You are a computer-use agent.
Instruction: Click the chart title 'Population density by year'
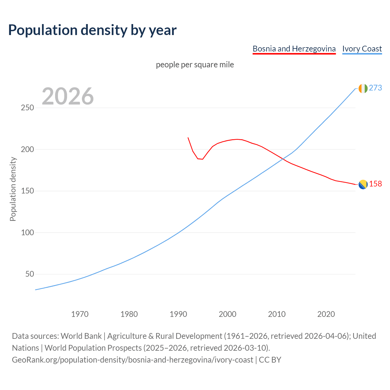point(92,30)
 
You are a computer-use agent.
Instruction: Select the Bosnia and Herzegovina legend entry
point(294,49)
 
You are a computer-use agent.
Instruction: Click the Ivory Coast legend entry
point(362,49)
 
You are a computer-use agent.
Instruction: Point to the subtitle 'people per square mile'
point(195,65)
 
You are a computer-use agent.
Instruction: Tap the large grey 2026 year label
point(68,96)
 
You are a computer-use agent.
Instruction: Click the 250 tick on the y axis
point(27,108)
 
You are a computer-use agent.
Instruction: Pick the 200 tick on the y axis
point(27,149)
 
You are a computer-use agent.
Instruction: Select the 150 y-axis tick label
point(27,191)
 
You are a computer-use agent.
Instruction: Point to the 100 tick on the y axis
point(27,232)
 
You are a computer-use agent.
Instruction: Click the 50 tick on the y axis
point(30,274)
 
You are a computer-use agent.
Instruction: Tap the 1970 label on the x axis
point(80,314)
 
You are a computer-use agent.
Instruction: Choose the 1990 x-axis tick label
point(178,314)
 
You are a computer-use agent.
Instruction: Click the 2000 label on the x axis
point(228,314)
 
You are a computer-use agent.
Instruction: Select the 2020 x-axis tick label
point(326,314)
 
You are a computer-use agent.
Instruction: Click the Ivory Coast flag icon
point(363,88)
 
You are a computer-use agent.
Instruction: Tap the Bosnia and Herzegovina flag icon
point(363,184)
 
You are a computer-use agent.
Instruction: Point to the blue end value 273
point(375,88)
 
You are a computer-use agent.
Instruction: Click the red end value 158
point(375,184)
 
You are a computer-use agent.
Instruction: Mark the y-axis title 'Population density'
point(13,189)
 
